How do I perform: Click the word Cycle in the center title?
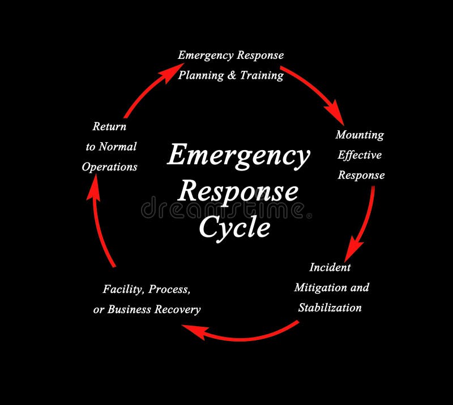(234, 228)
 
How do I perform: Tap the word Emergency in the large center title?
(238, 155)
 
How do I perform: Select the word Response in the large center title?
(238, 191)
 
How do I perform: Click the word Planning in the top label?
(201, 75)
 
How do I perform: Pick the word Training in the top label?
(261, 75)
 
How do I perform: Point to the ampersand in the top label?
(231, 75)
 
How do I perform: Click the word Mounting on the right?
(360, 135)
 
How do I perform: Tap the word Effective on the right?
(360, 155)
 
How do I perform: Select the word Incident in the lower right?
(330, 267)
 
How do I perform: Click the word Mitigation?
(319, 288)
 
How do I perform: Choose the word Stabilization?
(330, 308)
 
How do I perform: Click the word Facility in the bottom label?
(123, 289)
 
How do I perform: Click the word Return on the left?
(109, 126)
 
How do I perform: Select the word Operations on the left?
(109, 167)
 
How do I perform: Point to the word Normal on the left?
(117, 147)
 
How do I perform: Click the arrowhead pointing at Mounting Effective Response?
(335, 113)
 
